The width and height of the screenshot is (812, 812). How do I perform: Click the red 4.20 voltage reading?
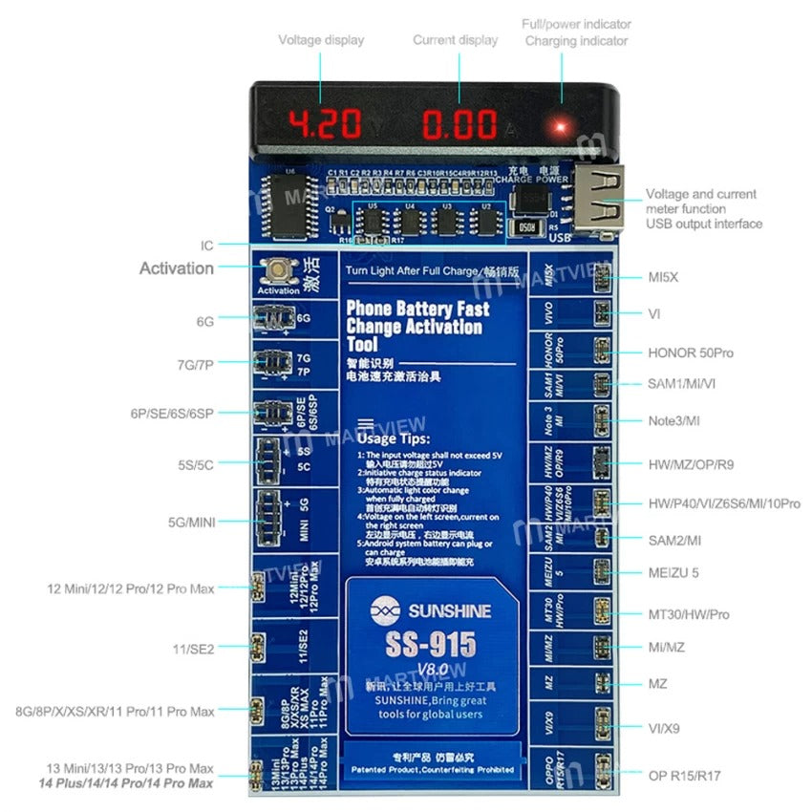click(x=325, y=124)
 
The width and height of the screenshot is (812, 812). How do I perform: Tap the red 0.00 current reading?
click(x=460, y=124)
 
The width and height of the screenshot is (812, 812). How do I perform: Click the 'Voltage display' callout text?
click(x=321, y=40)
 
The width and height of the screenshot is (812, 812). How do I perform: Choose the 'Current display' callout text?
click(x=455, y=40)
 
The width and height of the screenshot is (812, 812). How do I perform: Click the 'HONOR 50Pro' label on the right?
click(x=691, y=353)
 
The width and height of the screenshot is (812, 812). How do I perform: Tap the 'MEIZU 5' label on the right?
click(x=673, y=573)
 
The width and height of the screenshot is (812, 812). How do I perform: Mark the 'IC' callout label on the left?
click(x=206, y=246)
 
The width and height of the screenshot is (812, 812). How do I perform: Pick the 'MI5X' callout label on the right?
click(x=663, y=278)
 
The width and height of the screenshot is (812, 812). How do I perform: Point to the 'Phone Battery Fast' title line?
click(x=417, y=309)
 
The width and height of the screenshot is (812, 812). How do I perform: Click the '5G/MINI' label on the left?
click(x=191, y=522)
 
